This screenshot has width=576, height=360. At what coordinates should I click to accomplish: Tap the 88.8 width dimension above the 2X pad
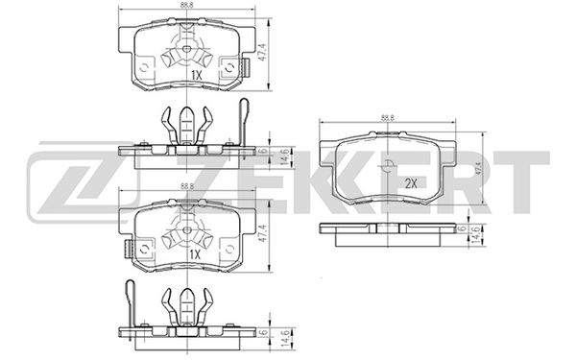tap(387, 118)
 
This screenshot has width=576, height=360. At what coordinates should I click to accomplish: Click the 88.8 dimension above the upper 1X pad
tap(185, 7)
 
